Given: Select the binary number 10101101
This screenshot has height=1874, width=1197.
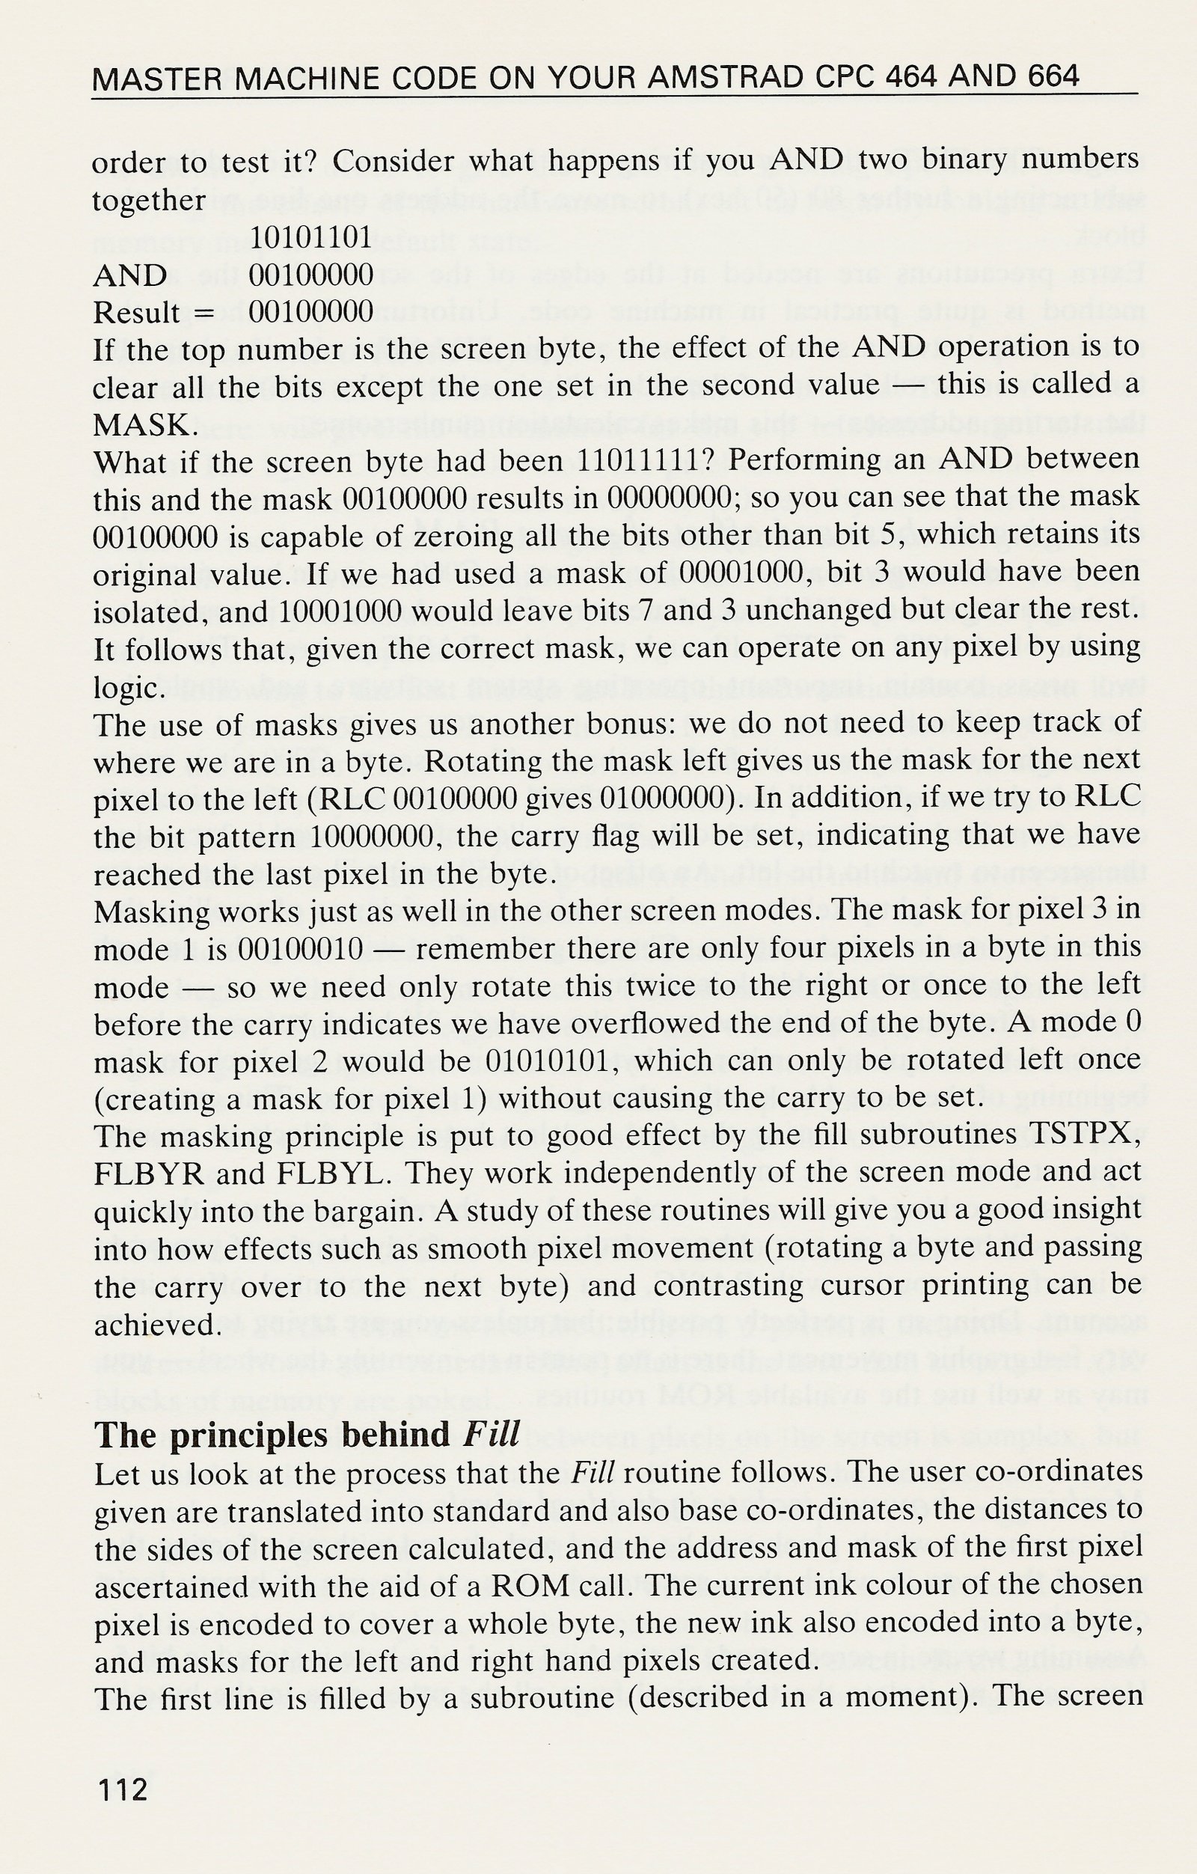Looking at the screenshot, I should pyautogui.click(x=311, y=237).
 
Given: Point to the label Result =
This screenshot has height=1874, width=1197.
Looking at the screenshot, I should pyautogui.click(x=153, y=312).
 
